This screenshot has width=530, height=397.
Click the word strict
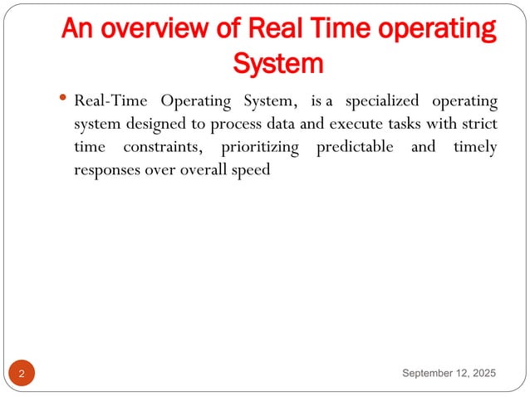[x=477, y=125]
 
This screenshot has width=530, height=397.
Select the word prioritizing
[x=263, y=147]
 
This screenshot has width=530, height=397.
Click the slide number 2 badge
[x=22, y=375]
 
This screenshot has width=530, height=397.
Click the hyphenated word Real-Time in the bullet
[x=109, y=102]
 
